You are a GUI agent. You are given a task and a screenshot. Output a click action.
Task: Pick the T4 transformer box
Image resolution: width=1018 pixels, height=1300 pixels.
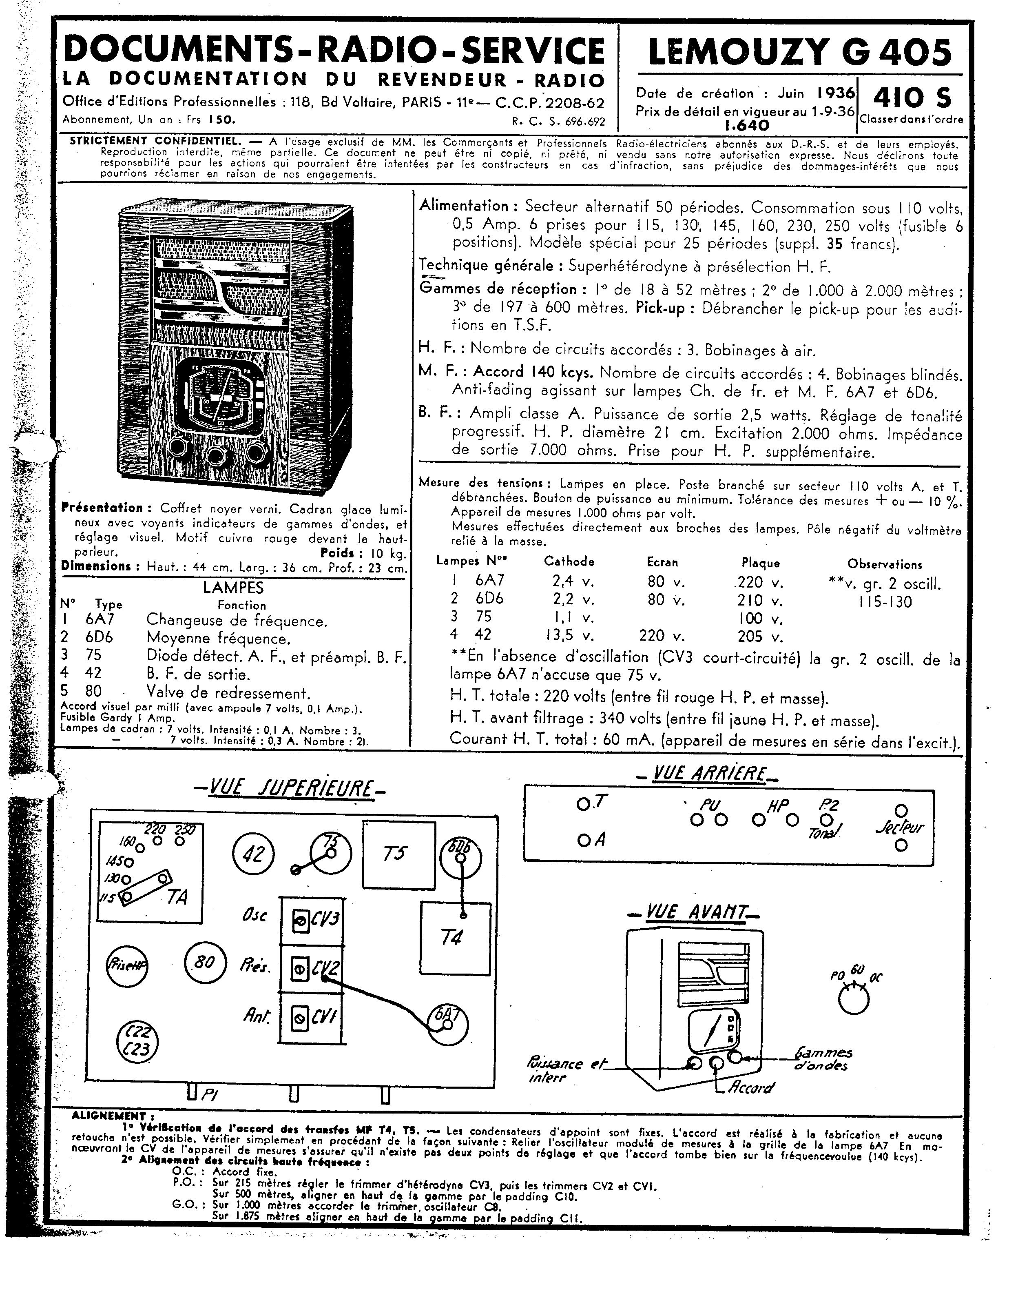[455, 938]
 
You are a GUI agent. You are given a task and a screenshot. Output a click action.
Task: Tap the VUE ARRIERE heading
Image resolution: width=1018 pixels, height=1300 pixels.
[709, 774]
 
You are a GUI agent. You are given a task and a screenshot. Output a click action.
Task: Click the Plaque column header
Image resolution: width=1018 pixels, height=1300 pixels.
[761, 562]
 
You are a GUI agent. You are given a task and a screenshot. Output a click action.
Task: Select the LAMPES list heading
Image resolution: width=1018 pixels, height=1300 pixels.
[233, 588]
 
